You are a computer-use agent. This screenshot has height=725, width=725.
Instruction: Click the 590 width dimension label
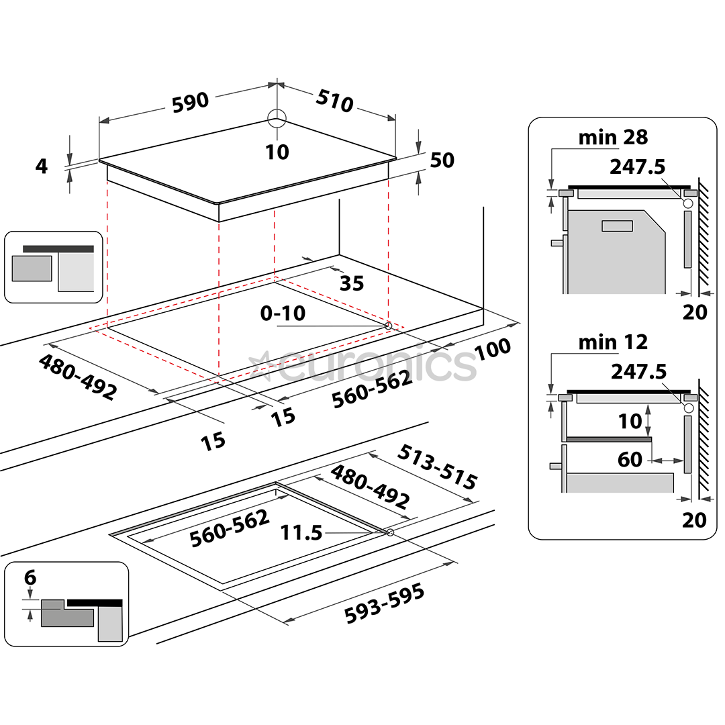(x=191, y=101)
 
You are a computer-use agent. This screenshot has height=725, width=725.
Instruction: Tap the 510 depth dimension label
(x=334, y=101)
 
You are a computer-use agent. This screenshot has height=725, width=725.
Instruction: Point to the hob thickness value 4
(x=42, y=166)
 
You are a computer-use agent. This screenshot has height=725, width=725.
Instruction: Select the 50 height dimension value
(x=442, y=160)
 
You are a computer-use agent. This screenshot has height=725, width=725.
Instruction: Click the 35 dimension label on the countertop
(x=351, y=283)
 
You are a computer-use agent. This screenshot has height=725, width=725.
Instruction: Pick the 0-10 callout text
(x=283, y=313)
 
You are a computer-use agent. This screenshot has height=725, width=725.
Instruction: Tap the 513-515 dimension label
(x=437, y=467)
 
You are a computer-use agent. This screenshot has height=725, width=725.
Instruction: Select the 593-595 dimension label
(x=384, y=603)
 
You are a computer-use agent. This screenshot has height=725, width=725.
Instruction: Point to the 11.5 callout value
(x=301, y=533)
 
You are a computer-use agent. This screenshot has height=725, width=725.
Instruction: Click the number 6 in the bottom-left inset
(x=30, y=577)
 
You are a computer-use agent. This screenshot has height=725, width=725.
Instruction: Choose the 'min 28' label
(x=613, y=138)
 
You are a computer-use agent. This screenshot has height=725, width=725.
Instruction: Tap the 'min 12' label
(x=613, y=342)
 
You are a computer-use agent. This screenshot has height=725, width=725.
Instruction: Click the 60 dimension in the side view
(x=630, y=460)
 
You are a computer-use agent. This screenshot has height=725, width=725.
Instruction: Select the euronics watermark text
(x=366, y=364)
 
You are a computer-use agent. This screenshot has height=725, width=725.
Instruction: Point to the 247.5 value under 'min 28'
(x=638, y=166)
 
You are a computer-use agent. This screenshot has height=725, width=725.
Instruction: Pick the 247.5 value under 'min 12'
(x=638, y=371)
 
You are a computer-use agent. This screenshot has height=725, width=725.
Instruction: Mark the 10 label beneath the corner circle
(x=277, y=152)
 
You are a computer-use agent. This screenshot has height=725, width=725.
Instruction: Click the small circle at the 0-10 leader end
(x=388, y=326)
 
